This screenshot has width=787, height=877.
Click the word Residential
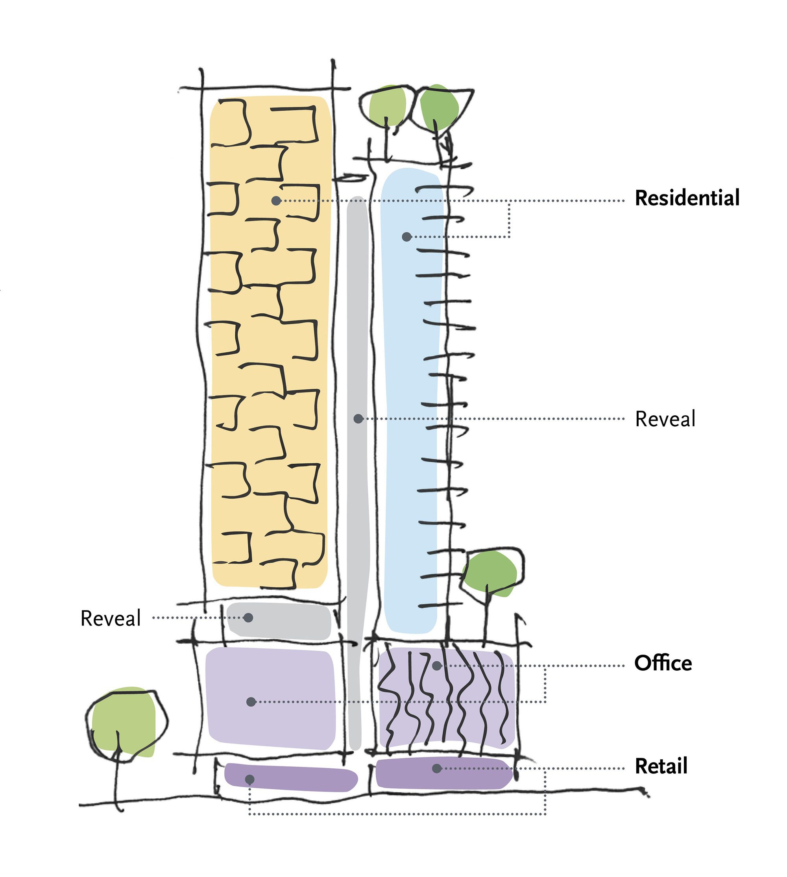coord(687,198)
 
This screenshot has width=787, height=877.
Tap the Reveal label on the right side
coord(665,418)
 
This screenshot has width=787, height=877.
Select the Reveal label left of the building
coord(111,618)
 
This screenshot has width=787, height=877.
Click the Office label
coord(663,663)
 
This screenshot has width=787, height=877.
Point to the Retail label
coord(661,766)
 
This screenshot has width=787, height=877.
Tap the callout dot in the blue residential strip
coord(406,237)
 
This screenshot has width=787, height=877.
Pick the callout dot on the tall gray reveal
coord(358,418)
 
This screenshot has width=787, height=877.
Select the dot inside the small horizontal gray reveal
coord(248,618)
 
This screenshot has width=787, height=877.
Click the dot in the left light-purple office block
coord(251,701)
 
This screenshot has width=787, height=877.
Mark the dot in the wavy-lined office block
coord(437,666)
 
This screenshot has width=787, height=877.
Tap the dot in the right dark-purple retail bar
coord(437,768)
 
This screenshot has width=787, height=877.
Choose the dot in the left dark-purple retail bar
coord(249,779)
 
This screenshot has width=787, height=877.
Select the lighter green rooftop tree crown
coord(386,106)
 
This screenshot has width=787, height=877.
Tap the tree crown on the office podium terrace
coord(490,573)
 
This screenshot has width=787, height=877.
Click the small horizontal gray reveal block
coord(279,621)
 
